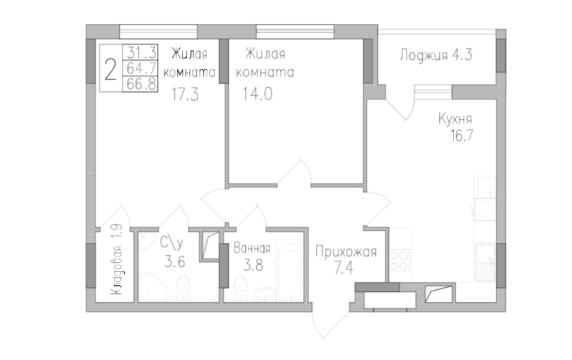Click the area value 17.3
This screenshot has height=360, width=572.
[185, 95]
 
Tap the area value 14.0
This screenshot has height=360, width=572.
[257, 94]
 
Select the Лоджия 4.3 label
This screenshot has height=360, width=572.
[436, 55]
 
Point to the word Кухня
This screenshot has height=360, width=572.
[455, 119]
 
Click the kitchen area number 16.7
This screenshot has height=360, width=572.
[462, 135]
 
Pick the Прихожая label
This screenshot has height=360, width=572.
[345, 252]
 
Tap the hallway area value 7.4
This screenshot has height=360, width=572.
[344, 268]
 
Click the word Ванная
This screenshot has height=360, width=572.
[252, 248]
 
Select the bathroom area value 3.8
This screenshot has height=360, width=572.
[253, 265]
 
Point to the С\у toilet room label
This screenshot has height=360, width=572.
[171, 244]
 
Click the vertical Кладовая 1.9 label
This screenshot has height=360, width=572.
[117, 260]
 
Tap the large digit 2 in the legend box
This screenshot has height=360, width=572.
[110, 70]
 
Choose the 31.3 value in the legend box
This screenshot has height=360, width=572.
[142, 52]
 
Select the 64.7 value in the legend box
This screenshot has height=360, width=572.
[142, 68]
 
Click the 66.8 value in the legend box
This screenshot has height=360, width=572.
[142, 84]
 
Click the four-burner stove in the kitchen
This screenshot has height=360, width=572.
[400, 261]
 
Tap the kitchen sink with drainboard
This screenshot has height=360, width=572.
[485, 263]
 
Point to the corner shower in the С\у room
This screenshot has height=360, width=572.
[154, 287]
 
